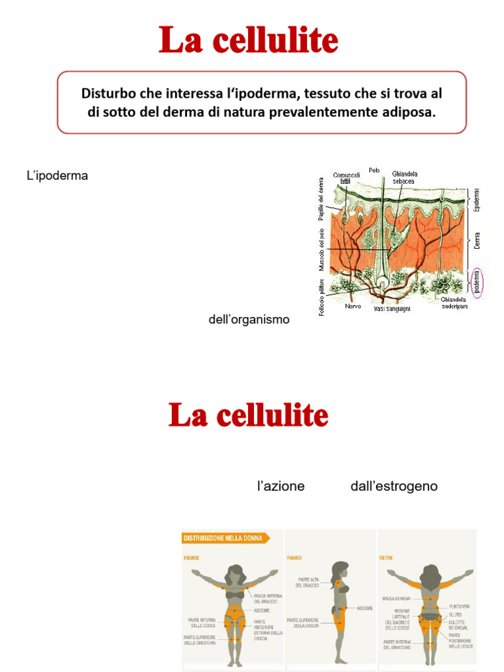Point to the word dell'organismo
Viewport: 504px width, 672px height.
click(249, 320)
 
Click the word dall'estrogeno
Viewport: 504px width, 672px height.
click(394, 486)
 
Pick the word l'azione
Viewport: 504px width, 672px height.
click(281, 486)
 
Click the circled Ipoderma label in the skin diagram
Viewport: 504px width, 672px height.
click(478, 282)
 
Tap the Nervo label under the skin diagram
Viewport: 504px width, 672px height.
click(353, 306)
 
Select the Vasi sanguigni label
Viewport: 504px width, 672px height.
click(392, 308)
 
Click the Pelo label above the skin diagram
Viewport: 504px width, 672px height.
click(375, 170)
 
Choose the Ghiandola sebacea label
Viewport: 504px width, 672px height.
click(405, 177)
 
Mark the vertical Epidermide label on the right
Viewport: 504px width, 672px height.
click(477, 199)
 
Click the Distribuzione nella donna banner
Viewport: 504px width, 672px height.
click(225, 538)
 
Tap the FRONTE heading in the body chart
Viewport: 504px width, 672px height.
click(192, 558)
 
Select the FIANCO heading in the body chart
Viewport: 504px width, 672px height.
click(294, 558)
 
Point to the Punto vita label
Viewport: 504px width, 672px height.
click(459, 606)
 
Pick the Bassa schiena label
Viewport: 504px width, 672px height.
click(396, 598)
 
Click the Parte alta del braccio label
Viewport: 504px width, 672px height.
click(308, 582)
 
